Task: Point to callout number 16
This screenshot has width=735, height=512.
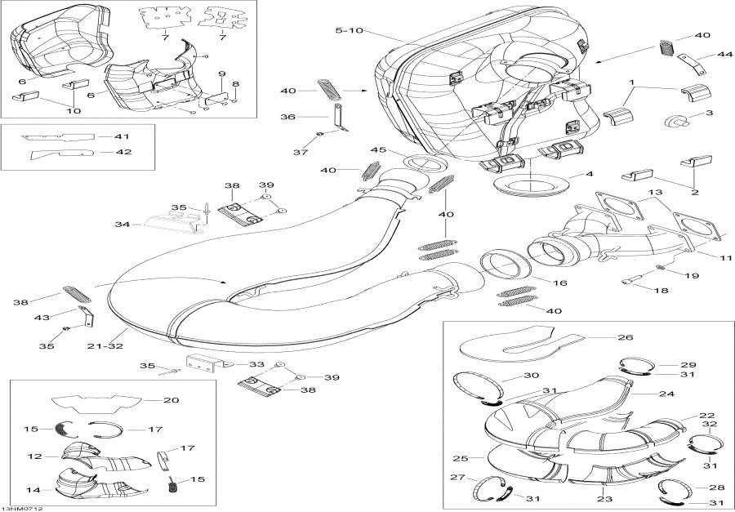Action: click(560, 283)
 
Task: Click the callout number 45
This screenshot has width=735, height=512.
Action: click(377, 149)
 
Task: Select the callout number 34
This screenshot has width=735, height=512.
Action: click(122, 224)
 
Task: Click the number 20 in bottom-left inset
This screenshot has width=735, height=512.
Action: click(171, 400)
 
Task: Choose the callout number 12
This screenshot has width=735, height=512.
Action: click(36, 455)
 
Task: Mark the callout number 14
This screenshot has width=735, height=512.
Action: click(36, 490)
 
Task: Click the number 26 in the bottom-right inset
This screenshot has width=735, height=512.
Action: click(625, 336)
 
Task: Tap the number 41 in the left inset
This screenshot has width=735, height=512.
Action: click(122, 136)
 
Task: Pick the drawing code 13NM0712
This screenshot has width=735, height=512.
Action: click(22, 506)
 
